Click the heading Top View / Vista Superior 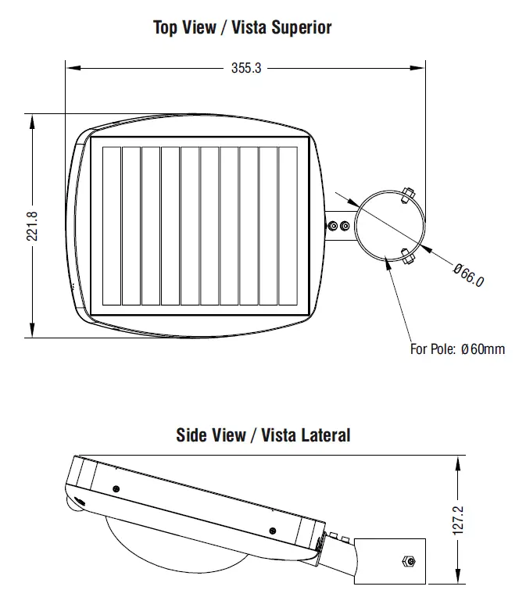[x=242, y=28]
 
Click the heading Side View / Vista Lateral [x=263, y=435]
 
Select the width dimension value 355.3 [x=246, y=68]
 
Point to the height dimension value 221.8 [x=32, y=226]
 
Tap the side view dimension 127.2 [x=458, y=520]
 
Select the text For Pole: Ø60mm [x=457, y=349]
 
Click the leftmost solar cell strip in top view [x=112, y=226]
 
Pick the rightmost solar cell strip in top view [x=288, y=226]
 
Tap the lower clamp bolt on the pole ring [x=406, y=255]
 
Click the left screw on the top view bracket [x=334, y=227]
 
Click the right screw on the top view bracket [x=345, y=227]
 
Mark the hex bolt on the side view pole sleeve [x=406, y=561]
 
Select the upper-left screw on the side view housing [x=116, y=488]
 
